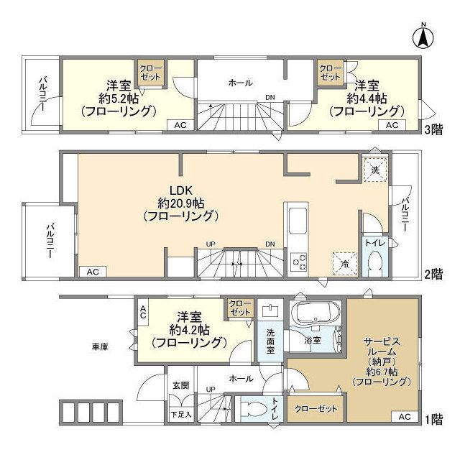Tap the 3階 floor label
pyautogui.click(x=433, y=129)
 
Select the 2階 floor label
pyautogui.click(x=433, y=274)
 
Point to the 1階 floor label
pyautogui.click(x=433, y=418)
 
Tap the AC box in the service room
pyautogui.click(x=403, y=417)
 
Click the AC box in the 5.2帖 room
pyautogui.click(x=180, y=125)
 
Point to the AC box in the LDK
pyautogui.click(x=92, y=272)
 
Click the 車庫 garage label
pyautogui.click(x=99, y=346)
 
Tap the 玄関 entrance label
pyautogui.click(x=180, y=385)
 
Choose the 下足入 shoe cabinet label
pyautogui.click(x=180, y=415)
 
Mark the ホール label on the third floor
pyautogui.click(x=240, y=83)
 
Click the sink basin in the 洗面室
pyautogui.click(x=271, y=311)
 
